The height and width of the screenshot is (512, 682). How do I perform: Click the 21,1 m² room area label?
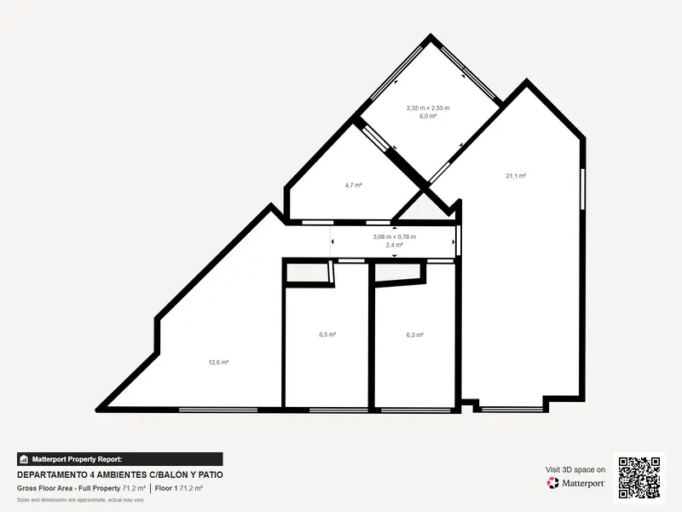516,176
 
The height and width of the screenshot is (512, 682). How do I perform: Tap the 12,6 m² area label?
218,362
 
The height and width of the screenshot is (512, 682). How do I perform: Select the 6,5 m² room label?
327,335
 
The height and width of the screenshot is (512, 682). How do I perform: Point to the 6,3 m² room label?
415,335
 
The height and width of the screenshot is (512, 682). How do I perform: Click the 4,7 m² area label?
354,185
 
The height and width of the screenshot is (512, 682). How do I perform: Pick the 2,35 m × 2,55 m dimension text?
428,108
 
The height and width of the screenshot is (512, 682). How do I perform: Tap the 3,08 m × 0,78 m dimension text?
395,237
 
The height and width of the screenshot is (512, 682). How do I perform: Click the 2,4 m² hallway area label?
395,245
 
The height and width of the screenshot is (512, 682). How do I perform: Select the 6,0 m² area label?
428,116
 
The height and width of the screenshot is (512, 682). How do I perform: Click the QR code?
639,478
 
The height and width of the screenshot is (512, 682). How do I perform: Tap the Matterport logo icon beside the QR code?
552,483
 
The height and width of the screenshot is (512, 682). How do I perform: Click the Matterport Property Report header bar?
120,459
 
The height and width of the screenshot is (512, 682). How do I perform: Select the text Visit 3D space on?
575,470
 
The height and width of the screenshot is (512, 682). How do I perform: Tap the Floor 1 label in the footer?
166,488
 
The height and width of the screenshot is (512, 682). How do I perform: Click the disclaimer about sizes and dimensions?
80,500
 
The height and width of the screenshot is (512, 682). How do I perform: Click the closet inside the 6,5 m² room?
308,273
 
